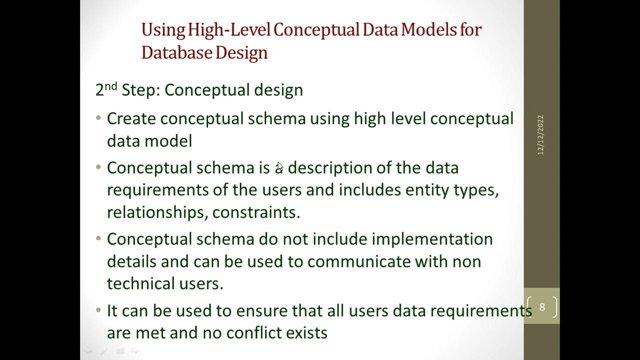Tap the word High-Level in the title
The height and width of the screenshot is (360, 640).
coord(229,30)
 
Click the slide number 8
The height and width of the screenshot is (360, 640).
coord(542,307)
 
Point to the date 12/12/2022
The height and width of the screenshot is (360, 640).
coord(540,135)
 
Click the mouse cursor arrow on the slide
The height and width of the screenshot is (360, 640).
coord(279,166)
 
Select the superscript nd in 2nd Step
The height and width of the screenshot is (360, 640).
coord(111,86)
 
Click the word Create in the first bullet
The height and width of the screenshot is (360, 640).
coord(131,119)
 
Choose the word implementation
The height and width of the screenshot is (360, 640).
coord(432,239)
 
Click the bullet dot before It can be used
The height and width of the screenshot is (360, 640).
coord(98,310)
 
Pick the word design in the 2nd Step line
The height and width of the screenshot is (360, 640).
coord(278,90)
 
